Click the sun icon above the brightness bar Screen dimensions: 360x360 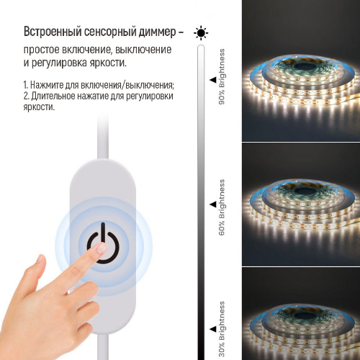click(201, 32)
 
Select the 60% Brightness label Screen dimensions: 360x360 click(222, 208)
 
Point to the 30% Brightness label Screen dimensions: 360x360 click(222, 328)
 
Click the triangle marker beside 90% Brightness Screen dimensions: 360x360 click(212, 80)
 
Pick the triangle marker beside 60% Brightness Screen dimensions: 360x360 click(212, 204)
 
